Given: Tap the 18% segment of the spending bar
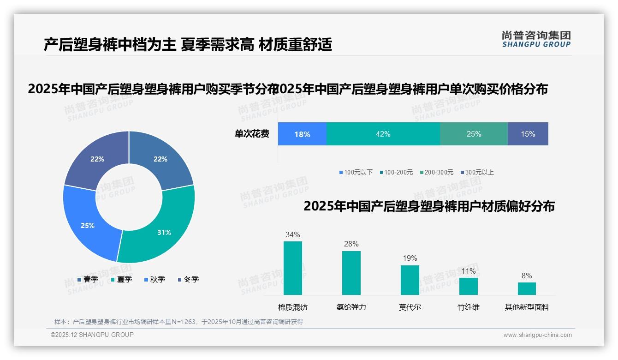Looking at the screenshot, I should (302, 134).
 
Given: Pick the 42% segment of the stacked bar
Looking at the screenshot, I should (383, 134).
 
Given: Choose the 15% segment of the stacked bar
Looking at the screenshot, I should (528, 134).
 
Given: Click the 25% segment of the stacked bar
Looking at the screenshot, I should (474, 134).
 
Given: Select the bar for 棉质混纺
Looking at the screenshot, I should (293, 268).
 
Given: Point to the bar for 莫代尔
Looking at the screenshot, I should (410, 280).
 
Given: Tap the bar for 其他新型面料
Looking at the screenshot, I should (527, 288).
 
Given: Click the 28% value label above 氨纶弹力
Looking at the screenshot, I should (351, 244).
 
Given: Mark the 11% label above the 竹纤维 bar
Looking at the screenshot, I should (469, 271).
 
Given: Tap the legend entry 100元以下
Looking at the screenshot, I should (356, 172).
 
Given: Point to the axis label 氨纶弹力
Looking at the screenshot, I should (351, 307).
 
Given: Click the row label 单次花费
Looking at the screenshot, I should (252, 134).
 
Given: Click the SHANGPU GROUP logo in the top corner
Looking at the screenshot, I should (536, 39).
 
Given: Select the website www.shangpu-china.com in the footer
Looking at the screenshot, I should (537, 335).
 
